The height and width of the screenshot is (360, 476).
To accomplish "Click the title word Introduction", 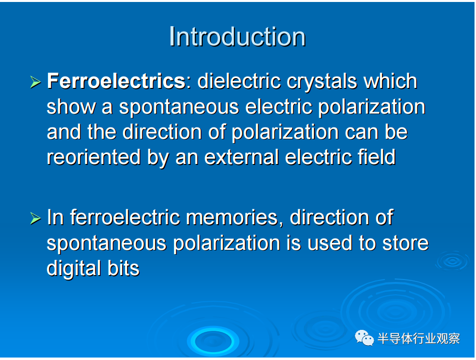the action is tap(237, 37).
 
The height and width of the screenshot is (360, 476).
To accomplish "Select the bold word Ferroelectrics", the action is tap(116, 81).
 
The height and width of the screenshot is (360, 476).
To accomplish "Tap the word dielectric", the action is tap(239, 81).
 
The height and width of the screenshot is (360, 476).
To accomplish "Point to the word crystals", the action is tap(322, 82).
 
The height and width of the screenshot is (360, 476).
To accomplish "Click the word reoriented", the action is tap(93, 157).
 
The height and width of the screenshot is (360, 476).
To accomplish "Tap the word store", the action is tap(405, 243).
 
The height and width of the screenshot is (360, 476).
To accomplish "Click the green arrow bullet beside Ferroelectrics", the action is tap(36, 82).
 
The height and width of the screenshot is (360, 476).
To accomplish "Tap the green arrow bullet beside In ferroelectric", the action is tap(36, 218).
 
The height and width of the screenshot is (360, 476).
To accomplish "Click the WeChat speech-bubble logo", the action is tap(364, 338).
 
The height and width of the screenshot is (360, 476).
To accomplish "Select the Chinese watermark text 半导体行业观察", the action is tap(419, 338).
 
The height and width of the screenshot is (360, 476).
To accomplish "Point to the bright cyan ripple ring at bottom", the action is tap(213, 341).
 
